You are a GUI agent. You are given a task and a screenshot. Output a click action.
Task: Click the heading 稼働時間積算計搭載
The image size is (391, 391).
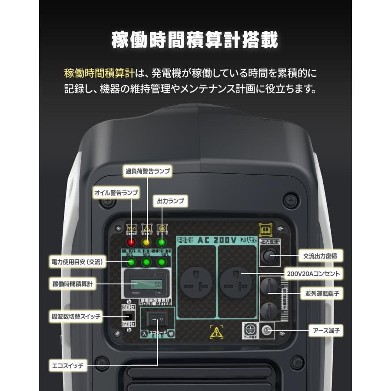[x=195, y=40]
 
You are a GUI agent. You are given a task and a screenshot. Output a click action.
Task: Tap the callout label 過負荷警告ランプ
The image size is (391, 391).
[x=148, y=171]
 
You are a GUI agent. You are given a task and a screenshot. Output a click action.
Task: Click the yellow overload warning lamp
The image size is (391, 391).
[x=147, y=242]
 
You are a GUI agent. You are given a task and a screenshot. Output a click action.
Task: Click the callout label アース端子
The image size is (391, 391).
[x=325, y=331]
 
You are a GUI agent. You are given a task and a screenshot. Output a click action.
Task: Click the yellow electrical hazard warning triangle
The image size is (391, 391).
[x=216, y=332]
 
